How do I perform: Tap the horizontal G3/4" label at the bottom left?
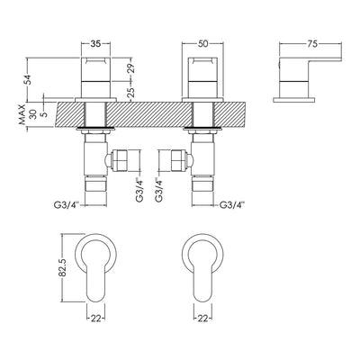pos(64,205)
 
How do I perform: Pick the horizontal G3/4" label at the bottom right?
pos(233,205)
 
